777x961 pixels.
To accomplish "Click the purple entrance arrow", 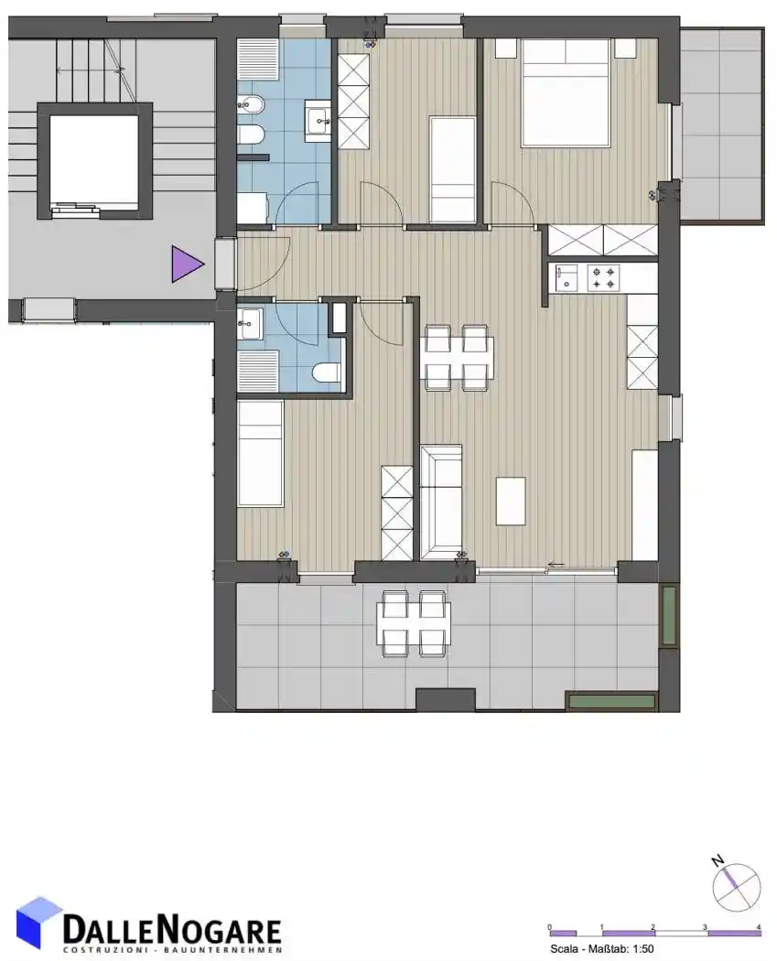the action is (187, 265).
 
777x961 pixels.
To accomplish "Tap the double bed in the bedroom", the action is (567, 93).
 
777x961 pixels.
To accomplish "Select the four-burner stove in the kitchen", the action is (604, 277).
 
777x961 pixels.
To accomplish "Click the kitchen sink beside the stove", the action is (567, 277).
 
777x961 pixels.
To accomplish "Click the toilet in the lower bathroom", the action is (326, 372).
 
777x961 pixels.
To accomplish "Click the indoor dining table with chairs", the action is (457, 358).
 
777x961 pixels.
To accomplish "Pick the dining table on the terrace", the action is (415, 623).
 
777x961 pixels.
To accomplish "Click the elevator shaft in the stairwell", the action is (94, 161).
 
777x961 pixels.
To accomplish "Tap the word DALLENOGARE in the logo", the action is (172, 931).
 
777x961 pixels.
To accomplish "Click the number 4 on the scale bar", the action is (759, 926).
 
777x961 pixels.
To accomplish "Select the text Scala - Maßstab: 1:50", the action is (602, 949).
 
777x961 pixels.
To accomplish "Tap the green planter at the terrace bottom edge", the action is (611, 701).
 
